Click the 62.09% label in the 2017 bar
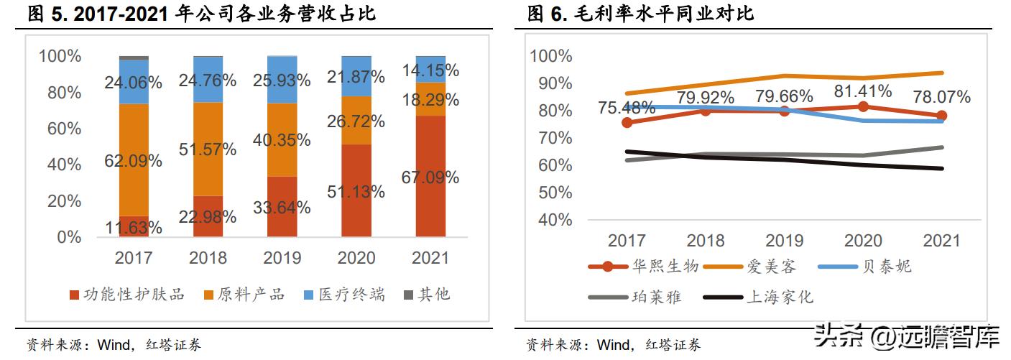coord(134,160)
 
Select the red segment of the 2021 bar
coord(430,176)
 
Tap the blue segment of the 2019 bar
coord(282,79)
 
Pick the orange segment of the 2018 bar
coord(208,149)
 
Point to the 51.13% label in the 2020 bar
coord(356,191)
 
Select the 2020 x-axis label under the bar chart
coord(356,257)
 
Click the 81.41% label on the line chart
coord(862,91)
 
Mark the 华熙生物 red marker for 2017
coord(627,123)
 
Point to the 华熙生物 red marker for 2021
coord(941,116)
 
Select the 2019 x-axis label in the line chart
coord(784,239)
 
